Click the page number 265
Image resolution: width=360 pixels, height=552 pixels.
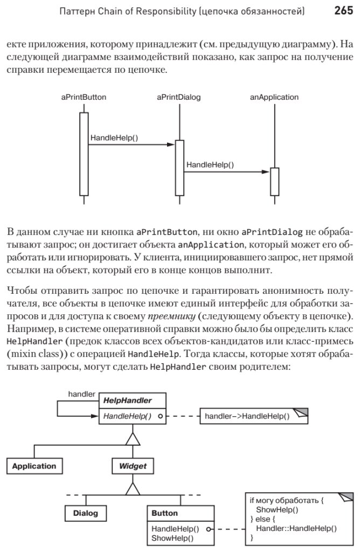point(344,10)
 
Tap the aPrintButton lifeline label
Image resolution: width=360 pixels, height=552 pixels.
point(84,98)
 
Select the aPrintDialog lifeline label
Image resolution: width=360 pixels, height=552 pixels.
point(179,98)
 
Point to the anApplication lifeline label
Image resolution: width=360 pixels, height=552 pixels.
point(274,98)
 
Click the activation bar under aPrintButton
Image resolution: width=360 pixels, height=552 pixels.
point(84,154)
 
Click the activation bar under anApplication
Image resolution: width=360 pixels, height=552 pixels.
point(274,182)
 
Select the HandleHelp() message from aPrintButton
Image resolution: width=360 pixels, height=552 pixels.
point(114,137)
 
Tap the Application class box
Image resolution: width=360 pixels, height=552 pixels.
point(34,466)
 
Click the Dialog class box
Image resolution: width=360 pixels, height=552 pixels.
point(86,513)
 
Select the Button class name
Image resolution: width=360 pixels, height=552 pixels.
point(164,513)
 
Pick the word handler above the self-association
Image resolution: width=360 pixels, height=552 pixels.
point(82,394)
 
